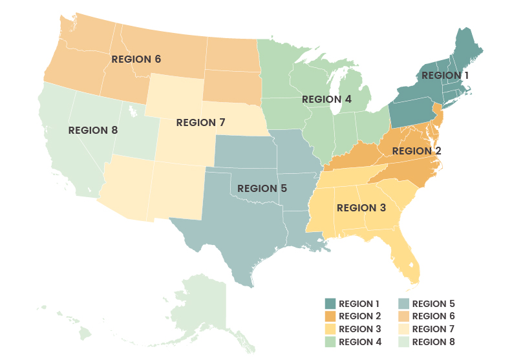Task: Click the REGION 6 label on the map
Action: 136,59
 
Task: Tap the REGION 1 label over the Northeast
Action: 445,76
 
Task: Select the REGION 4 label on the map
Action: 326,100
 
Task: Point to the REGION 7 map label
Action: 200,122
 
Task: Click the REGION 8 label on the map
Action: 93,130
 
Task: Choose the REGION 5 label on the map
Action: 262,188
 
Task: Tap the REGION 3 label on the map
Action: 361,207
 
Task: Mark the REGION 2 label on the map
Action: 416,151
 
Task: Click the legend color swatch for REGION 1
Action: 330,304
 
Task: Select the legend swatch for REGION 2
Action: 330,316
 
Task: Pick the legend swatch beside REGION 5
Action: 403,304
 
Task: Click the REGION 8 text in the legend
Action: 433,342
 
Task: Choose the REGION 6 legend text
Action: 433,316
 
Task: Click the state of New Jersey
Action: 438,116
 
